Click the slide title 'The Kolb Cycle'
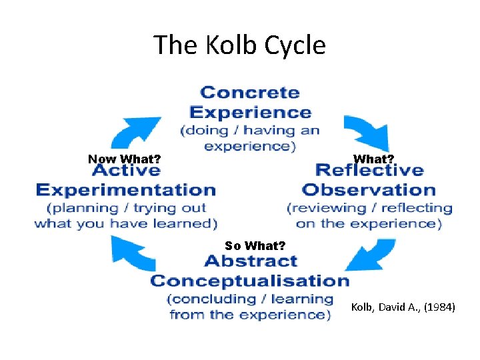240,45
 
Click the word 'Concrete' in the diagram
250,93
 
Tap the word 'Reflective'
369,171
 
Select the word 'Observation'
369,189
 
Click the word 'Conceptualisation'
250,280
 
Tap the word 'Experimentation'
126,190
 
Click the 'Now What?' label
125,159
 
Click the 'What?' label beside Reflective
373,159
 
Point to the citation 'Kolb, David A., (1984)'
403,307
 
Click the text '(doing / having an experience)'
250,138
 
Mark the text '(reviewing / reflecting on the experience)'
369,215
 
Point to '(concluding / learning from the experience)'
250,306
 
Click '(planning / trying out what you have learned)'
126,215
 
